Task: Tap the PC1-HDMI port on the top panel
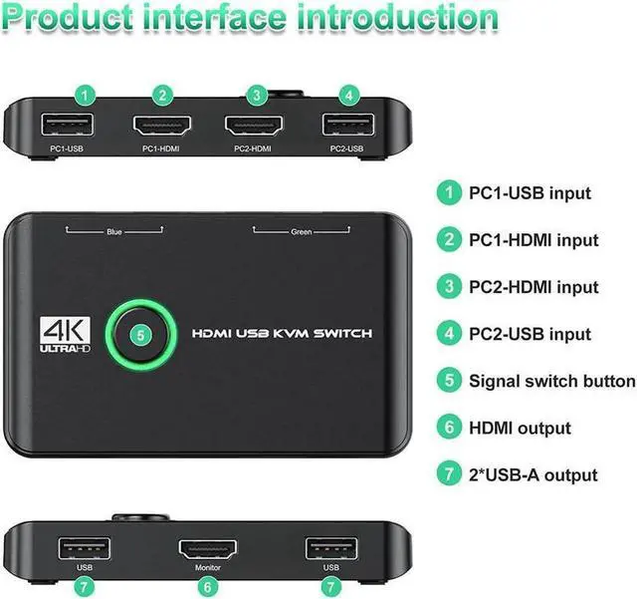(x=162, y=127)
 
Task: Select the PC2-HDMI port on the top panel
(x=257, y=127)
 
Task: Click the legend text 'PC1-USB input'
(x=530, y=193)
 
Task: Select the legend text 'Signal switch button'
(x=551, y=381)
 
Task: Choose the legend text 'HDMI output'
(x=520, y=428)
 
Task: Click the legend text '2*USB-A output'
(x=533, y=474)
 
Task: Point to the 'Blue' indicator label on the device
(x=114, y=233)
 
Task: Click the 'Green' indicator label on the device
(x=301, y=233)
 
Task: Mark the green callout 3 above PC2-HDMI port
(x=257, y=96)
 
